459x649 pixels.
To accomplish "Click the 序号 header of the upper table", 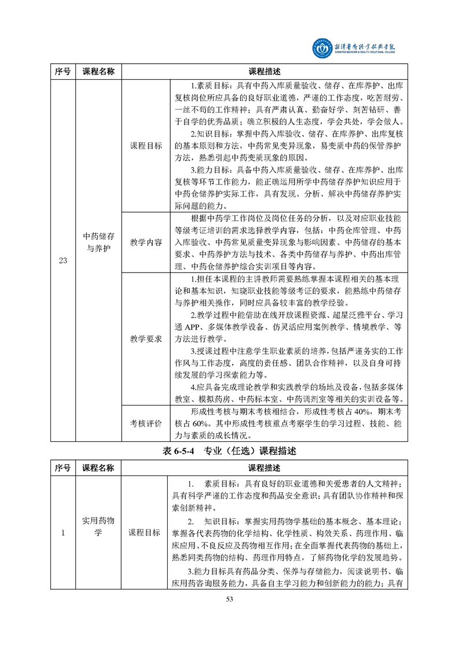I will point(63,72).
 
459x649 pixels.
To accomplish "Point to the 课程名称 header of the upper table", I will point(98,72).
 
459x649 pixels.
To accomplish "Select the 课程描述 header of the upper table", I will point(265,72).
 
